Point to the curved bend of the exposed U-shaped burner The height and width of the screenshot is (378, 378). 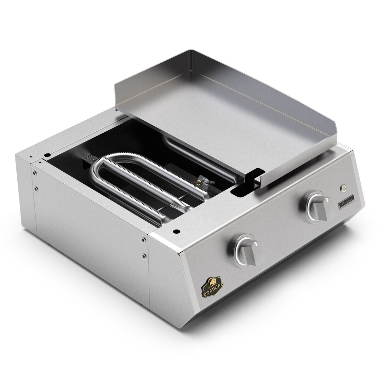click(x=99, y=165)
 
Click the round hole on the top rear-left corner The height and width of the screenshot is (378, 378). click(x=47, y=155)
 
